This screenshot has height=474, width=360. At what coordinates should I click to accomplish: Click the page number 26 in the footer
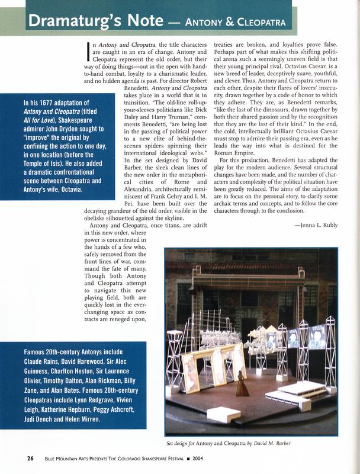click(x=31, y=458)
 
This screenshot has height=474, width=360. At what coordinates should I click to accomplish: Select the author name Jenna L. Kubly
click(x=317, y=225)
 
